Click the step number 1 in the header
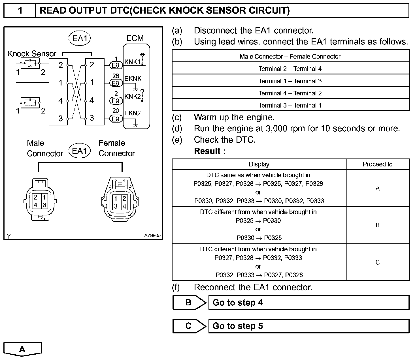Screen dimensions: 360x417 pyautogui.click(x=20, y=11)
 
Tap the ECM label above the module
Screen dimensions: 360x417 pyautogui.click(x=135, y=38)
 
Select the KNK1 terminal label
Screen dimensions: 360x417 pyautogui.click(x=132, y=62)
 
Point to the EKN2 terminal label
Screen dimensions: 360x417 pyautogui.click(x=133, y=113)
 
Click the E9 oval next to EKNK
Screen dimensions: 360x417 pyautogui.click(x=116, y=83)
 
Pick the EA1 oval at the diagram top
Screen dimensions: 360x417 pyautogui.click(x=80, y=38)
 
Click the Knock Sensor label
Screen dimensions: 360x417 pyautogui.click(x=32, y=53)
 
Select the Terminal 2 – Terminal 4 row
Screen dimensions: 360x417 pyautogui.click(x=290, y=69)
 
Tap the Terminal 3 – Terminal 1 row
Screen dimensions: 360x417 pyautogui.click(x=290, y=106)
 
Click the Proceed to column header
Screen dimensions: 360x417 pyautogui.click(x=378, y=164)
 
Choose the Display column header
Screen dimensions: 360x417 pyautogui.click(x=259, y=164)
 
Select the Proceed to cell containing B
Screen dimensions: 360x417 pyautogui.click(x=378, y=225)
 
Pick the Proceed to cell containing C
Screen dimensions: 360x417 pyautogui.click(x=378, y=262)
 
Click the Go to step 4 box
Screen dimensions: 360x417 pyautogui.click(x=309, y=303)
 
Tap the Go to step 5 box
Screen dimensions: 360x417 pyautogui.click(x=309, y=326)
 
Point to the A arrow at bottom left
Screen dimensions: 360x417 pyautogui.click(x=22, y=349)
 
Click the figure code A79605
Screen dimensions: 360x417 pyautogui.click(x=152, y=235)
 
